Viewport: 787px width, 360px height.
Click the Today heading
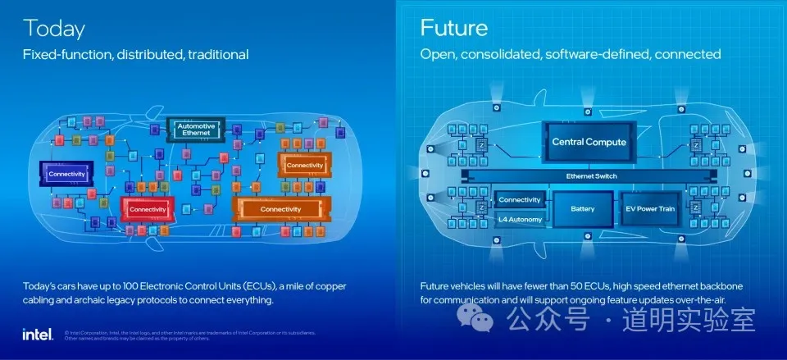tap(54, 28)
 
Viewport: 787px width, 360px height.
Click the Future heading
tap(454, 28)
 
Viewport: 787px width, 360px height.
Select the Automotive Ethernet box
tap(196, 130)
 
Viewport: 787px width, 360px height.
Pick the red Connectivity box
tap(148, 210)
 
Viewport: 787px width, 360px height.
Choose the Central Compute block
tap(589, 142)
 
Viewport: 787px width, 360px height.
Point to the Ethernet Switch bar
tap(591, 176)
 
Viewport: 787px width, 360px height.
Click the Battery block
tap(582, 209)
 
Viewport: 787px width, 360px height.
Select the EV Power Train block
tap(650, 209)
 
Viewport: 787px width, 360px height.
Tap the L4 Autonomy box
tap(520, 221)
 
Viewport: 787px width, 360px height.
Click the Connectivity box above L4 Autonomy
tap(520, 200)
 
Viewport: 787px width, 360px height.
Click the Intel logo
tap(38, 334)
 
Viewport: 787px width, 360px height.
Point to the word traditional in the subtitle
tap(217, 55)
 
